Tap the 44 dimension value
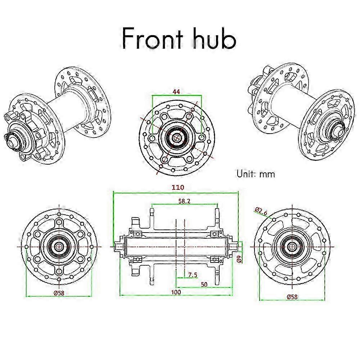[x=176, y=92]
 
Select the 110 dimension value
[x=178, y=188]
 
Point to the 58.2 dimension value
[x=184, y=201]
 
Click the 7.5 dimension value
[x=193, y=275]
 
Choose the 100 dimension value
[x=176, y=292]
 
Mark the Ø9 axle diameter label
[x=239, y=258]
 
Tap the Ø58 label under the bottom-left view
[x=59, y=293]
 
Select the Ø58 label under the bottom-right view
[x=292, y=297]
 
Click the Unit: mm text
[x=256, y=174]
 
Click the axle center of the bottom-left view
[x=59, y=246]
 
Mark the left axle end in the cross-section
[x=117, y=246]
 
